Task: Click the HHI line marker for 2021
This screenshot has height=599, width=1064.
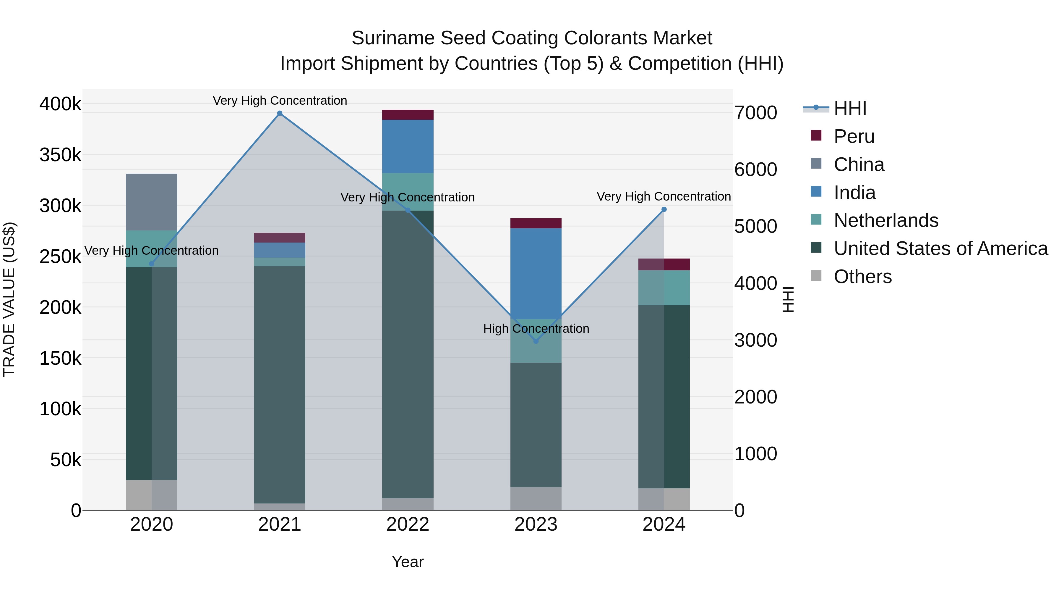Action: tap(280, 113)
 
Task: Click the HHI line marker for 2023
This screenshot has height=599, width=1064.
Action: tap(536, 341)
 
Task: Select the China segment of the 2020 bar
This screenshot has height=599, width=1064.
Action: tap(152, 202)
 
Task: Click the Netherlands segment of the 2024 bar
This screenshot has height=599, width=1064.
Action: tap(664, 288)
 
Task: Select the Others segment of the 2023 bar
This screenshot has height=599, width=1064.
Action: tap(536, 498)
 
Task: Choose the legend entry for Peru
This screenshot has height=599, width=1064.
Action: tap(854, 136)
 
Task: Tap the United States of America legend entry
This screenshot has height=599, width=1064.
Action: tap(940, 248)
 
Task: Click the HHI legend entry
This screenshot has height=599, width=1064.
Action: tap(850, 108)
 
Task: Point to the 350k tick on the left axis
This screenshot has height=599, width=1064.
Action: tap(60, 155)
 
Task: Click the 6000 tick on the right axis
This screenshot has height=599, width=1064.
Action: tap(755, 169)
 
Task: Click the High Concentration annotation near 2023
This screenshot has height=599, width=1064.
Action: tap(536, 329)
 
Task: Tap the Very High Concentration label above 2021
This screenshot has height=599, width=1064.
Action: tap(280, 101)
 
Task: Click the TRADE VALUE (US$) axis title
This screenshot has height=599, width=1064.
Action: tap(9, 299)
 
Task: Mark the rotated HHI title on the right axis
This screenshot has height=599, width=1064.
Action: tap(788, 299)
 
